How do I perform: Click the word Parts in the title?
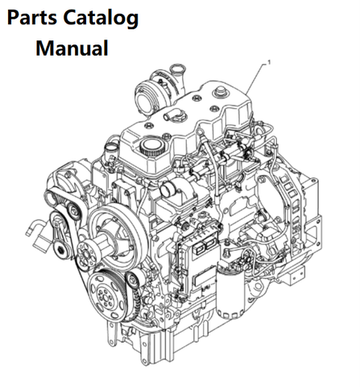31,18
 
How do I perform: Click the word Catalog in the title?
101,19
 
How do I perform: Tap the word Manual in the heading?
72,48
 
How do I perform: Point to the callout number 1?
269,62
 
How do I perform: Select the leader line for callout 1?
256,78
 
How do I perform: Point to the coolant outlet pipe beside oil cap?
111,150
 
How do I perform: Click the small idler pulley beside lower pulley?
132,280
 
